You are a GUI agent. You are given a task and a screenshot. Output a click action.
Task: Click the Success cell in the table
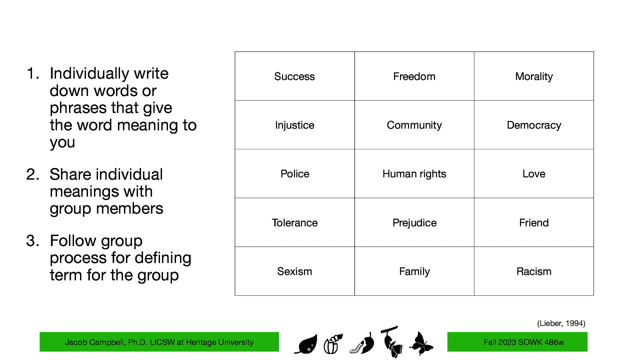click(x=294, y=76)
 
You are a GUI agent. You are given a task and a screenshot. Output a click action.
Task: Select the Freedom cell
click(x=414, y=76)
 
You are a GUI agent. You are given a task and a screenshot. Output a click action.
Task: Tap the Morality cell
click(x=534, y=76)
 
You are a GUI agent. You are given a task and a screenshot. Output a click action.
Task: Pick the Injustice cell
click(x=294, y=125)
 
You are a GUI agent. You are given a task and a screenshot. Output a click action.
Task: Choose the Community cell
click(x=414, y=125)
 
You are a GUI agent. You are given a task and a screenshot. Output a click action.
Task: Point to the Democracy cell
click(x=534, y=125)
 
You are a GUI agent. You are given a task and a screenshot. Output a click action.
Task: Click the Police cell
click(x=294, y=174)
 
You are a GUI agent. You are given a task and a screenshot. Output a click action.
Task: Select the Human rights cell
click(x=414, y=174)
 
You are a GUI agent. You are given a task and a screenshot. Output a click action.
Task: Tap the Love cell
click(x=534, y=174)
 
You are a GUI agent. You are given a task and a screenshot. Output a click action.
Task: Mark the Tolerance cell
click(x=294, y=223)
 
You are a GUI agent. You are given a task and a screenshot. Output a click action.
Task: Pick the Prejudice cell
click(x=414, y=223)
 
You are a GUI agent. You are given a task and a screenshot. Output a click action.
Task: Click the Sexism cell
click(x=294, y=272)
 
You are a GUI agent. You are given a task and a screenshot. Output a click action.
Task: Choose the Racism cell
click(x=534, y=272)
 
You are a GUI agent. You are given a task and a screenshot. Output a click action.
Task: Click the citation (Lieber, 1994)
click(x=561, y=323)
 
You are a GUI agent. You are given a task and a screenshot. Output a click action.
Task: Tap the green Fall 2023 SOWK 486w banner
click(x=517, y=342)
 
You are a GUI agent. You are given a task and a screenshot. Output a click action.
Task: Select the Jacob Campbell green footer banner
click(x=159, y=342)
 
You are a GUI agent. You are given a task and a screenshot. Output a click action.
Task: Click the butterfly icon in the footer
click(x=421, y=344)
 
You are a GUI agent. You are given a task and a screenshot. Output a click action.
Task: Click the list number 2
click(x=32, y=174)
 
